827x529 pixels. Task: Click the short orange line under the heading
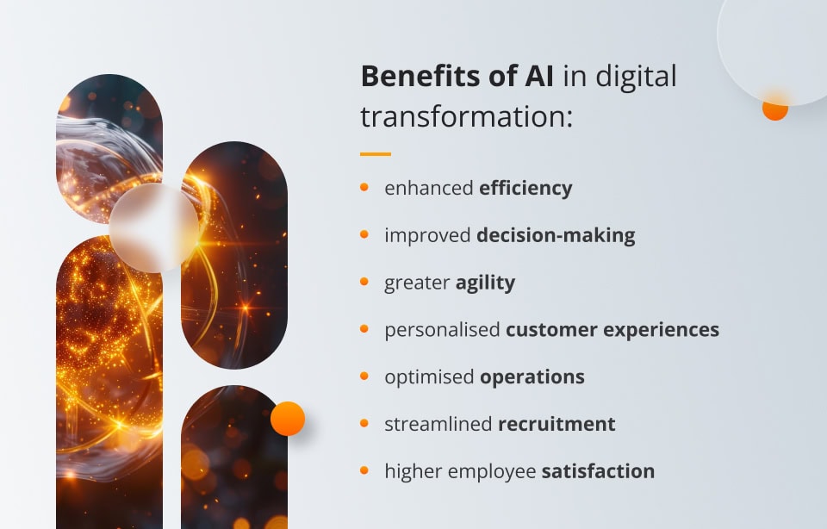tap(376, 154)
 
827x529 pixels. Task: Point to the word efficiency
tap(525, 188)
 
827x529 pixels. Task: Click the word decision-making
tap(556, 235)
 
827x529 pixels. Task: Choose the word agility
tap(485, 283)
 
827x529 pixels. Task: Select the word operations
tap(532, 377)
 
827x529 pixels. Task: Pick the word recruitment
tap(557, 424)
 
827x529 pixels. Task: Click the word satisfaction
tap(598, 471)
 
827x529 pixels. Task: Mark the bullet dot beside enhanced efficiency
tap(364, 187)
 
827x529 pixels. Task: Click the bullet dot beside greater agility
tap(364, 281)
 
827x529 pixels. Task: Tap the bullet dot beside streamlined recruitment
tap(364, 423)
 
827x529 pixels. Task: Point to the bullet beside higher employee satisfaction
tap(364, 470)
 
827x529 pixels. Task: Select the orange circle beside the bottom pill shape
tap(288, 419)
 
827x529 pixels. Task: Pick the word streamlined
tap(438, 424)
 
